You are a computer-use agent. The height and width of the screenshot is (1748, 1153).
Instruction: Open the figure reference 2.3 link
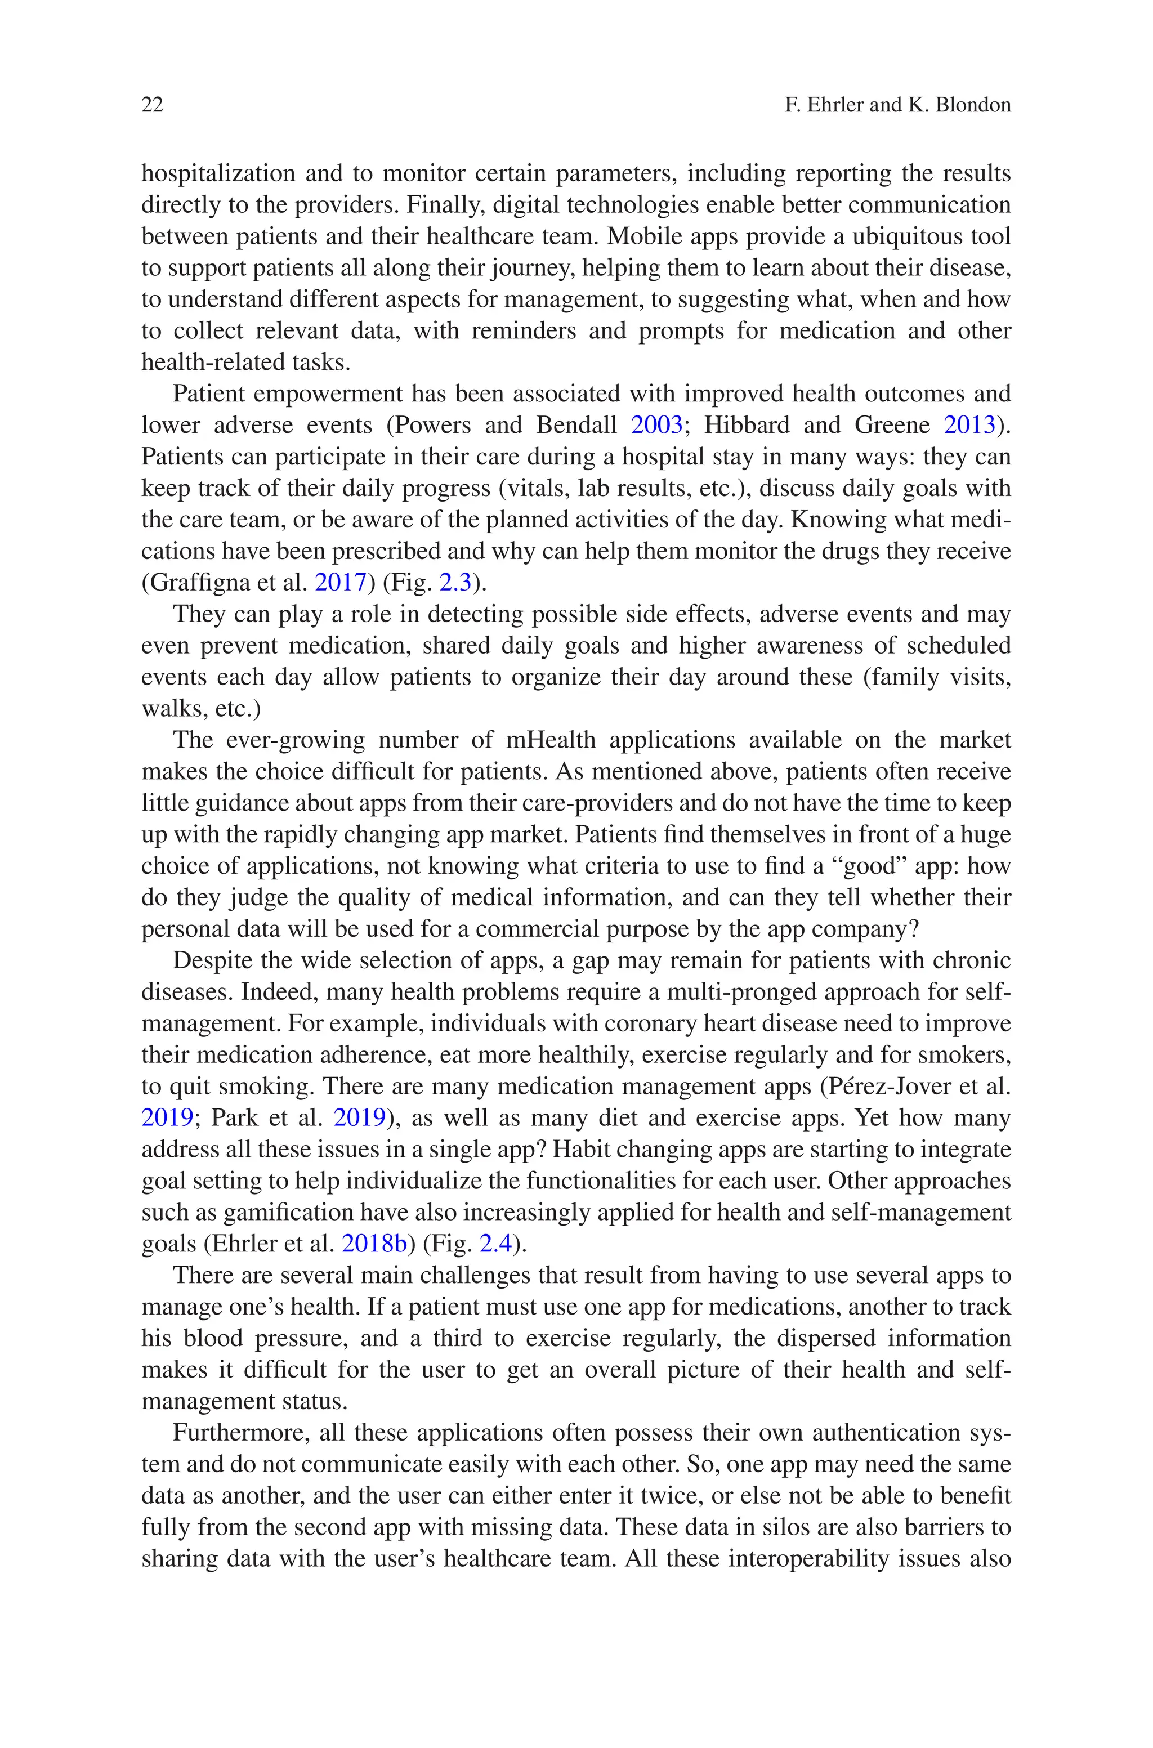[454, 583]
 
